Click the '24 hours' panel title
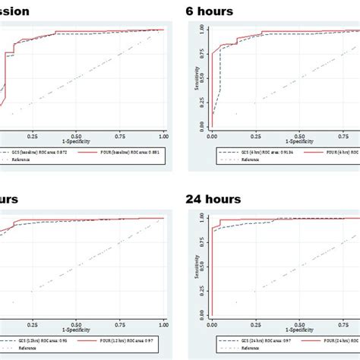[x=213, y=199]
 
